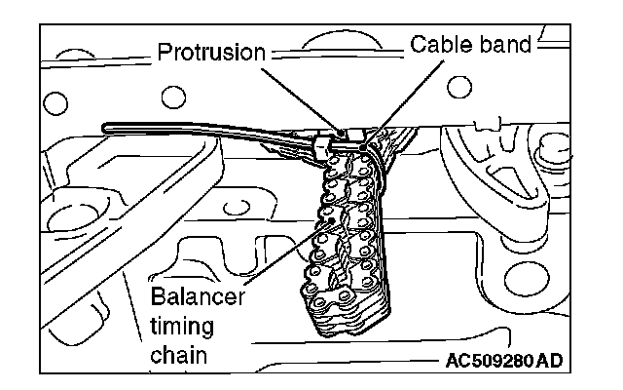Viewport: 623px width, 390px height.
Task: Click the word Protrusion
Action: (x=211, y=52)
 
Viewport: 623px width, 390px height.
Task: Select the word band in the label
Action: (x=505, y=45)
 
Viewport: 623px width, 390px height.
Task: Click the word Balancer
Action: (x=199, y=295)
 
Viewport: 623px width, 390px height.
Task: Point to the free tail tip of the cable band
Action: (x=104, y=125)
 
